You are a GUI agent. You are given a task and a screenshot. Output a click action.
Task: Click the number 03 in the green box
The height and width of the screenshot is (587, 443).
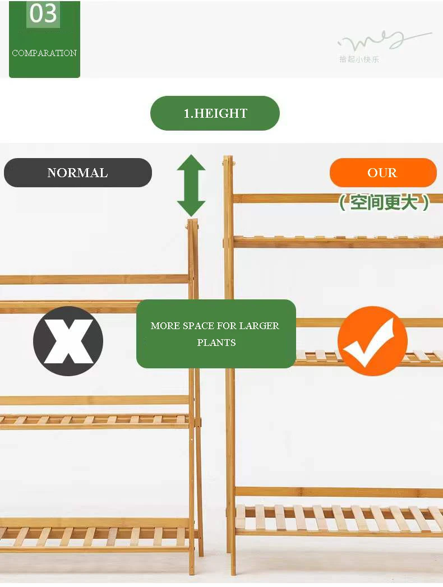(43, 14)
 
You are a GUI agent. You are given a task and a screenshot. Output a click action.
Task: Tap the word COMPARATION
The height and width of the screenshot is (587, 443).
(44, 53)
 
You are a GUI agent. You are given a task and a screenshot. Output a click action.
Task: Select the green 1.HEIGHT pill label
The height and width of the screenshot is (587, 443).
(215, 113)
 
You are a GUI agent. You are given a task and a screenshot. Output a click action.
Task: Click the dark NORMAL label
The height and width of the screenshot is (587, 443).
(77, 173)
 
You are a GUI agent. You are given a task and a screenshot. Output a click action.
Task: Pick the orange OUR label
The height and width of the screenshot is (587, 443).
(382, 173)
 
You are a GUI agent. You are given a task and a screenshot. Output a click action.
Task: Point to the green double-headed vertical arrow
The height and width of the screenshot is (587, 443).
(191, 186)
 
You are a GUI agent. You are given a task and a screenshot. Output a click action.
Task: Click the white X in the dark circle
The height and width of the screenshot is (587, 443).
(68, 341)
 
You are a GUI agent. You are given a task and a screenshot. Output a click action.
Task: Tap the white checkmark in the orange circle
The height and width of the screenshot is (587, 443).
(372, 341)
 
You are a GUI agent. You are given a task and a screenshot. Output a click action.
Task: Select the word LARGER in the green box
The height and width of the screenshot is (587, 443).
(259, 326)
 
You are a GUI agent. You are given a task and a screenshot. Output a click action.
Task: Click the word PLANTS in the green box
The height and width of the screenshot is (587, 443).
(216, 343)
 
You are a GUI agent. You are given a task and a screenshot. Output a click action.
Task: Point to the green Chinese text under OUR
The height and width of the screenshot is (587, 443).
(384, 202)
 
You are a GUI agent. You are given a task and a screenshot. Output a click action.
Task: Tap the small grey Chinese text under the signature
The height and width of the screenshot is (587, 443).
(359, 59)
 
